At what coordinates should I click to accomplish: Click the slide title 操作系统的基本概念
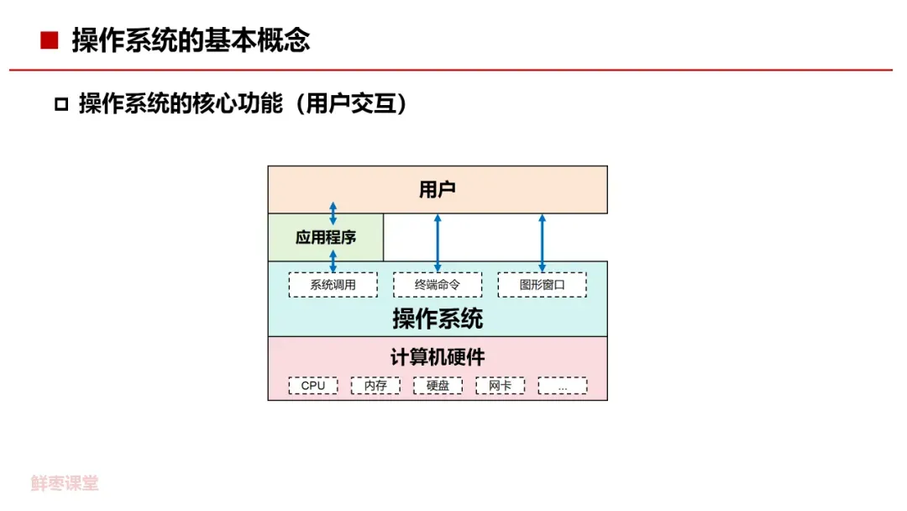[x=191, y=40]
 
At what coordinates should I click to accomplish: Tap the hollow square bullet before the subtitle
[x=60, y=105]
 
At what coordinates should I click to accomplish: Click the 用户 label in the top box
[x=437, y=190]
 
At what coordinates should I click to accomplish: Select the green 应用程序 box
[x=326, y=238]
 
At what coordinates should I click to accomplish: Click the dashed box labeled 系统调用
[x=333, y=285]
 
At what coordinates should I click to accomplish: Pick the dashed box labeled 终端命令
[x=438, y=285]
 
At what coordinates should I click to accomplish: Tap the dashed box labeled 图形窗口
[x=542, y=285]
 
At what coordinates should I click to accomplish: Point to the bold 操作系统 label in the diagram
[x=438, y=319]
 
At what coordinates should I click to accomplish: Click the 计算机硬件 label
[x=438, y=357]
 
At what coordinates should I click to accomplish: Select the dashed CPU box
[x=313, y=386]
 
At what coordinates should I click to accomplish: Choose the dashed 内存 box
[x=375, y=386]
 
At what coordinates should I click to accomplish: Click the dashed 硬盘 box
[x=438, y=386]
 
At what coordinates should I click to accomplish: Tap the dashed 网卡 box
[x=500, y=386]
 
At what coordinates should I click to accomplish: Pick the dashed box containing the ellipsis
[x=562, y=386]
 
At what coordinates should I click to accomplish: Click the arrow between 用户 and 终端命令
[x=438, y=242]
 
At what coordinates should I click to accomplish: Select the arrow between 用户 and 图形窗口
[x=542, y=242]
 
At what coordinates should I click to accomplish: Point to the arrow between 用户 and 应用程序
[x=333, y=213]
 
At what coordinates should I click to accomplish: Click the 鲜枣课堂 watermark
[x=65, y=483]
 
